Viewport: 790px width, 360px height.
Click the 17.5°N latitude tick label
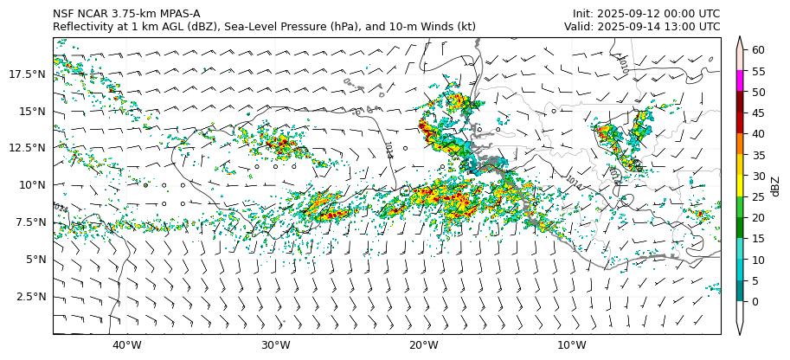[x=28, y=74]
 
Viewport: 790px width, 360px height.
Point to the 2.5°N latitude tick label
[x=30, y=297]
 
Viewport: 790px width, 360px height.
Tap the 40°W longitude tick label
[x=127, y=346]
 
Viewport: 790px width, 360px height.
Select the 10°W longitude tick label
[x=571, y=346]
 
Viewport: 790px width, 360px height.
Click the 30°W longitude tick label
[x=275, y=346]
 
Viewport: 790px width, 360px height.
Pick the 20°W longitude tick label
[x=423, y=346]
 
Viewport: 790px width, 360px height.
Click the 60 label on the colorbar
[x=758, y=50]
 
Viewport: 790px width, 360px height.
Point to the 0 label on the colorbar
[x=755, y=302]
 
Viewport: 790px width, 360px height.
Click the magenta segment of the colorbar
[x=741, y=81]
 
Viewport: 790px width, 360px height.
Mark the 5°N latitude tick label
[x=34, y=260]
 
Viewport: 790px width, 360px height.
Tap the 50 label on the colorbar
[x=758, y=92]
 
